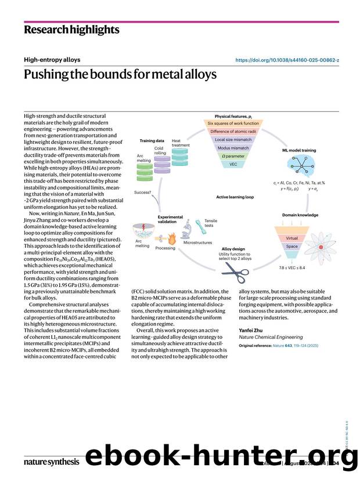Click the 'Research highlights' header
click(x=71, y=30)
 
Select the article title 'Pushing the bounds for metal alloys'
click(x=120, y=75)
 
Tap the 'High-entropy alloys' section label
click(x=52, y=60)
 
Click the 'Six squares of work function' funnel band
click(x=233, y=123)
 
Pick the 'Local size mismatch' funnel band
click(x=233, y=139)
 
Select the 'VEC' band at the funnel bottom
click(x=233, y=164)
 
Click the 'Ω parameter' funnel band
click(x=233, y=156)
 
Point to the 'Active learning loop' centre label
click(x=235, y=197)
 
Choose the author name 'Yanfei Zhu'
click(x=251, y=330)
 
